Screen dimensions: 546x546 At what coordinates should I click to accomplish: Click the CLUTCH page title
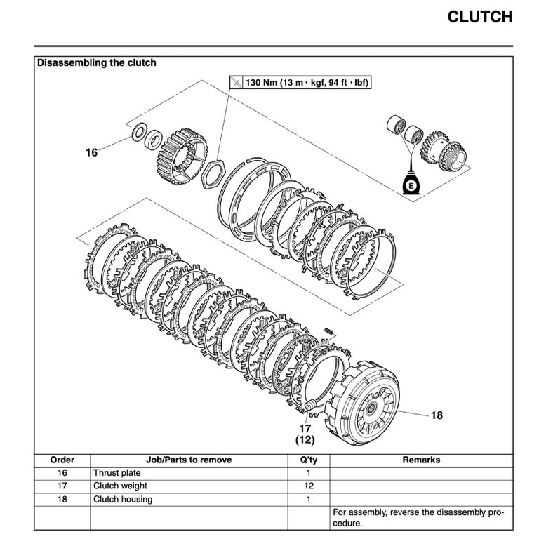479,17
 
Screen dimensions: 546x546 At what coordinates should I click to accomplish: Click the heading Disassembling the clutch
97,63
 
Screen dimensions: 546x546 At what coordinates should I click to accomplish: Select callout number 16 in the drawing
91,152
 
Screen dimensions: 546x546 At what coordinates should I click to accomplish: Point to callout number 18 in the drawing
437,415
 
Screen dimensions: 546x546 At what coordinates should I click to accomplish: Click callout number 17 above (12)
305,428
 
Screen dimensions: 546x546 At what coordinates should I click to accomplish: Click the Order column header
62,460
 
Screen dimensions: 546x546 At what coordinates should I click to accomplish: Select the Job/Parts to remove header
189,460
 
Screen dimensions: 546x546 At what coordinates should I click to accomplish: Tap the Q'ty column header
307,460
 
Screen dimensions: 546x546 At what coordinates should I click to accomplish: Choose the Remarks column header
421,460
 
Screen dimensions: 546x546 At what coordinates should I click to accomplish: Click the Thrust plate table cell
117,473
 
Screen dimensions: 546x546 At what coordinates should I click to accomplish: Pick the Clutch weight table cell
120,486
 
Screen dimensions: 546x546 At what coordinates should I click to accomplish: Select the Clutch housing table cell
123,499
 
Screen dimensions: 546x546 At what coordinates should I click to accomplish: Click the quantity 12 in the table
307,486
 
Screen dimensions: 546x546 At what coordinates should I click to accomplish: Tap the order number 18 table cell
62,499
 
